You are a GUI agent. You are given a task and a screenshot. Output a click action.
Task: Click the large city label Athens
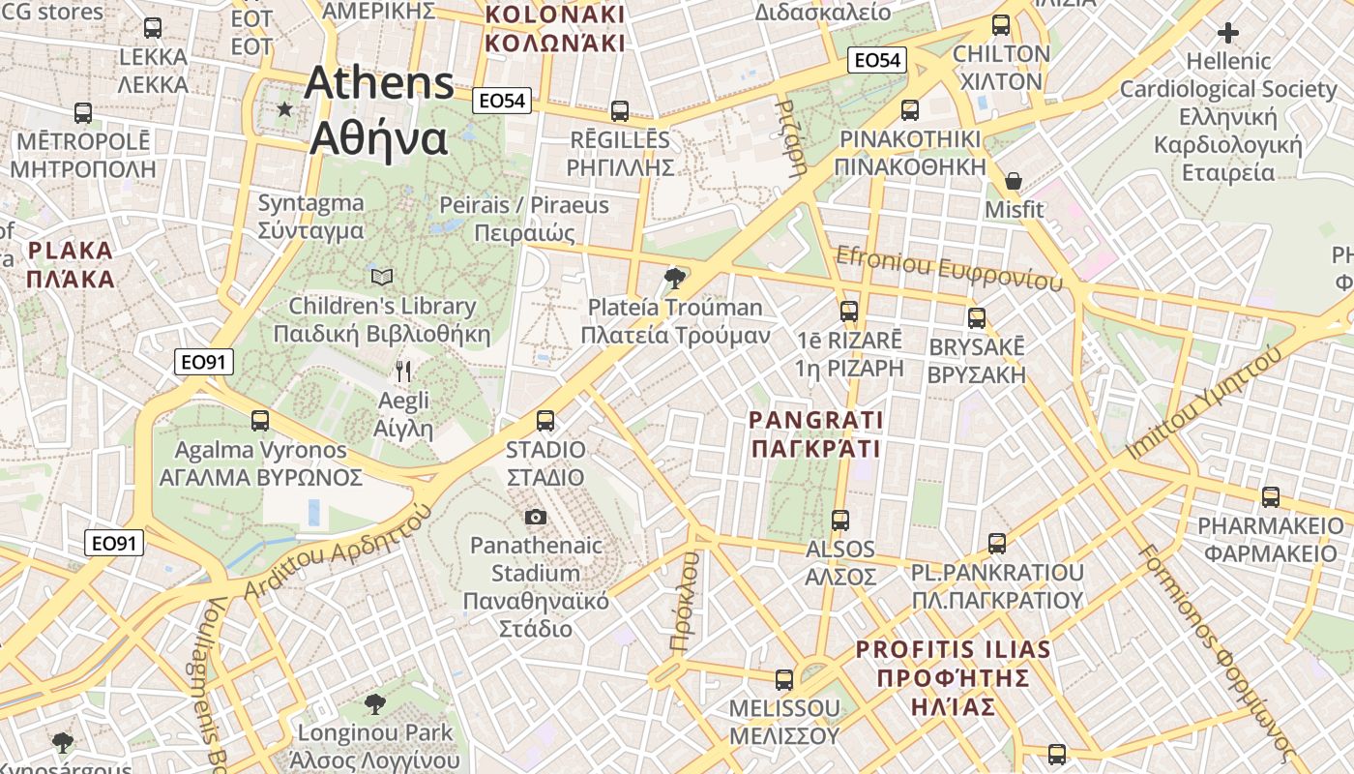pyautogui.click(x=379, y=83)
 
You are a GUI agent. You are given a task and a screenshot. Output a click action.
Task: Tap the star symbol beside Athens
pyautogui.click(x=284, y=109)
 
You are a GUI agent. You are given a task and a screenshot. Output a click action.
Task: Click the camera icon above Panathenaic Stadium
pyautogui.click(x=536, y=518)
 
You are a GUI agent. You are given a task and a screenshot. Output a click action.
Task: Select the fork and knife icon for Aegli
pyautogui.click(x=403, y=371)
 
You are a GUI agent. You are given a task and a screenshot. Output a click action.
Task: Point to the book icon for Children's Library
pyautogui.click(x=383, y=278)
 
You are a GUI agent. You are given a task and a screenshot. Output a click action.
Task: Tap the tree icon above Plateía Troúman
pyautogui.click(x=674, y=280)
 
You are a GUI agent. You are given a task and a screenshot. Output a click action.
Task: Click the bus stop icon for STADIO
pyautogui.click(x=545, y=421)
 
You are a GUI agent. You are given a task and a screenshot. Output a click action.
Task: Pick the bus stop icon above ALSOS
pyautogui.click(x=839, y=521)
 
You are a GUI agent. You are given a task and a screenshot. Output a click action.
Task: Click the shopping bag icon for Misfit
pyautogui.click(x=1014, y=181)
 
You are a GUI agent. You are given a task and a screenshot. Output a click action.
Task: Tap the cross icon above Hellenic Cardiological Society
pyautogui.click(x=1228, y=33)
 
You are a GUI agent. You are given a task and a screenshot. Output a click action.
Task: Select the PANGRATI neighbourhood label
pyautogui.click(x=816, y=433)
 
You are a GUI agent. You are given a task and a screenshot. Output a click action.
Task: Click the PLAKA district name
pyautogui.click(x=71, y=264)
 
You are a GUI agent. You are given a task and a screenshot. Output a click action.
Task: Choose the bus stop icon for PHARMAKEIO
pyautogui.click(x=1271, y=497)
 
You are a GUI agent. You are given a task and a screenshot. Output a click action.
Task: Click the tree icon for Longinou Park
pyautogui.click(x=374, y=703)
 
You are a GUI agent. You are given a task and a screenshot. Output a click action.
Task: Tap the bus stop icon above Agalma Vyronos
pyautogui.click(x=260, y=421)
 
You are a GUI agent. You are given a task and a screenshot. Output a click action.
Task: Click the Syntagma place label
pyautogui.click(x=310, y=217)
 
